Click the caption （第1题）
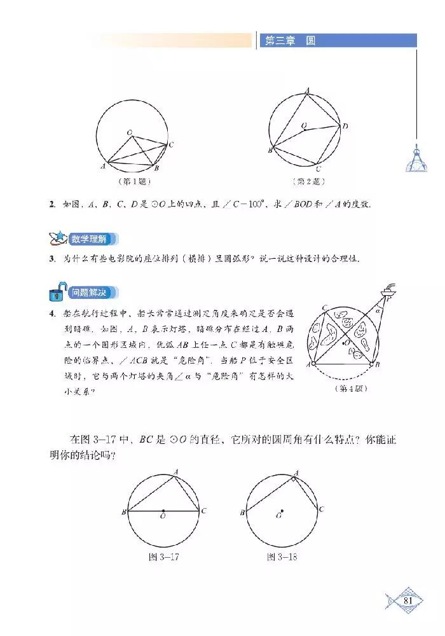pyautogui.click(x=133, y=181)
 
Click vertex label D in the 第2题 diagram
pyautogui.click(x=345, y=127)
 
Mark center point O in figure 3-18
pyautogui.click(x=282, y=510)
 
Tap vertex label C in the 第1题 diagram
pyautogui.click(x=172, y=144)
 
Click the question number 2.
pyautogui.click(x=51, y=204)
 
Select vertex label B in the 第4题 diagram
pyautogui.click(x=379, y=364)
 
